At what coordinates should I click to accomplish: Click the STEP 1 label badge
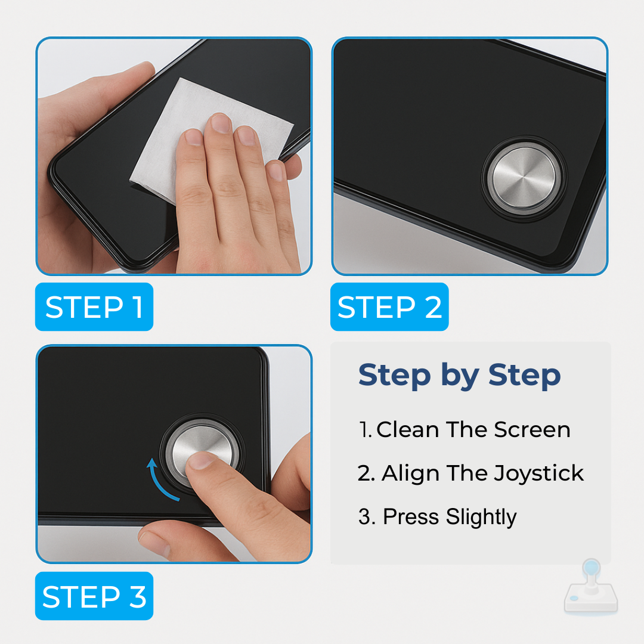(94, 306)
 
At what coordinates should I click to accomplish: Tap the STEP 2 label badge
(389, 306)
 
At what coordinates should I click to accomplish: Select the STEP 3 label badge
(94, 596)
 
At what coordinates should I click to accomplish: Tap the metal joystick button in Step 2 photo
(524, 178)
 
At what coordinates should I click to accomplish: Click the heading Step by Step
(459, 375)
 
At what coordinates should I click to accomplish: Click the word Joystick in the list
(538, 473)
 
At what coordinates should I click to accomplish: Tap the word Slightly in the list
(481, 517)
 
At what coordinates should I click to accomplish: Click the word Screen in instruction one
(532, 429)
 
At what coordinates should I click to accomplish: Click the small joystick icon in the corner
(591, 587)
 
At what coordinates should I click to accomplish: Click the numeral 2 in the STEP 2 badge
(433, 307)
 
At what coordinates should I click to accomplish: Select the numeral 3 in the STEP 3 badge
(138, 596)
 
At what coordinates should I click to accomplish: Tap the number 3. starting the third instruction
(367, 516)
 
